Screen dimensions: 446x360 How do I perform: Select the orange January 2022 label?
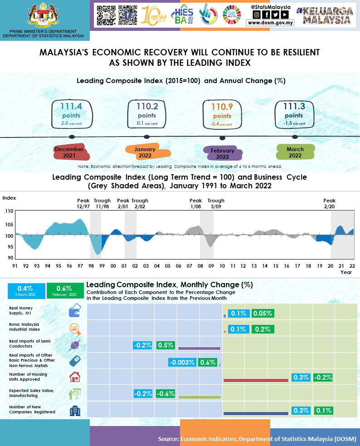click(146, 152)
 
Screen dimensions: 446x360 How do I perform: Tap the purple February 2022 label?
click(223, 153)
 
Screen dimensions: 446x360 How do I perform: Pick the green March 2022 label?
click(295, 152)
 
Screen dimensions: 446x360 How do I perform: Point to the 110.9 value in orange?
click(222, 107)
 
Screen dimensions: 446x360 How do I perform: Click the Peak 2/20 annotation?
click(329, 203)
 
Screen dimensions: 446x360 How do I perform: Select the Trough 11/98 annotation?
click(102, 203)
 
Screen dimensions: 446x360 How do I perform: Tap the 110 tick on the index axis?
click(9, 211)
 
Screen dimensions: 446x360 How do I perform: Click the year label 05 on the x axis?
click(167, 266)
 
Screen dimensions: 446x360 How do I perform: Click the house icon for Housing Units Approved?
click(74, 377)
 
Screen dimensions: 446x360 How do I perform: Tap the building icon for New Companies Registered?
click(74, 411)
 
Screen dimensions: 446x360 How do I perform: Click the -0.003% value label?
click(182, 362)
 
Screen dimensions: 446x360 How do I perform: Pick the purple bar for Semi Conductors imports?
click(199, 348)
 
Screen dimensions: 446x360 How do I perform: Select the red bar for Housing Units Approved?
click(256, 380)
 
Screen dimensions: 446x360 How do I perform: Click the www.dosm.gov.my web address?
click(271, 22)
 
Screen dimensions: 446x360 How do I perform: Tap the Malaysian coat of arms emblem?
click(43, 15)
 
